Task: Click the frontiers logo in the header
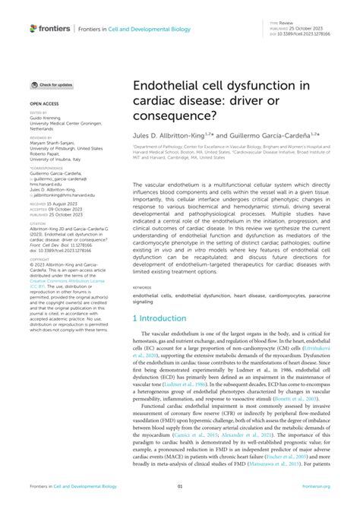(49, 28)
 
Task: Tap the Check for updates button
(52, 85)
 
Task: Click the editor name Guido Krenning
(47, 118)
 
